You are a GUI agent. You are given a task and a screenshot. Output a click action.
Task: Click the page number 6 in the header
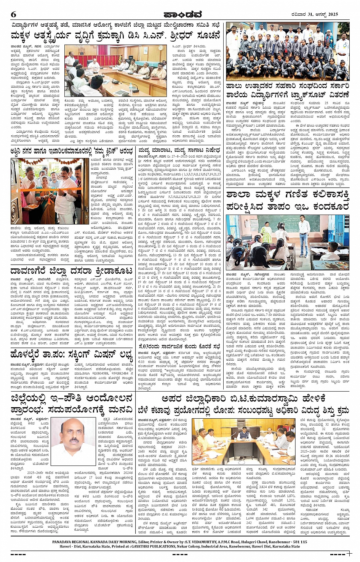point(14,14)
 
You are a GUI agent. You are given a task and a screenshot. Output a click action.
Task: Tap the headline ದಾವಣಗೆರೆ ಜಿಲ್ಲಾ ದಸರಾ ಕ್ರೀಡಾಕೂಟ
point(72,271)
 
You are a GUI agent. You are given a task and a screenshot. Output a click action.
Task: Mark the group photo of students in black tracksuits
point(288,51)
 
